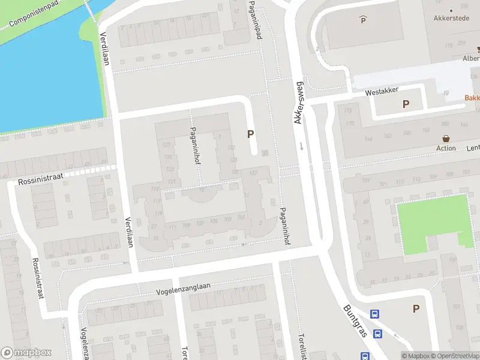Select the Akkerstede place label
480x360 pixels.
[451, 18]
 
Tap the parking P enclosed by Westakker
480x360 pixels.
[406, 104]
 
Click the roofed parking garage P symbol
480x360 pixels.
[362, 20]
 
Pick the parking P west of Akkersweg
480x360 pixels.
[250, 135]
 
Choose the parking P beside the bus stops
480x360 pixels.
[415, 308]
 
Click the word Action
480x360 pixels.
[446, 148]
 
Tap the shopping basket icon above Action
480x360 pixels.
[446, 138]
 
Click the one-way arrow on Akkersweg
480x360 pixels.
[301, 146]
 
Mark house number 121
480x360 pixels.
[172, 182]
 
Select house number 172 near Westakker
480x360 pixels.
[347, 111]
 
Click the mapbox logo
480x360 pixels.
[26, 353]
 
